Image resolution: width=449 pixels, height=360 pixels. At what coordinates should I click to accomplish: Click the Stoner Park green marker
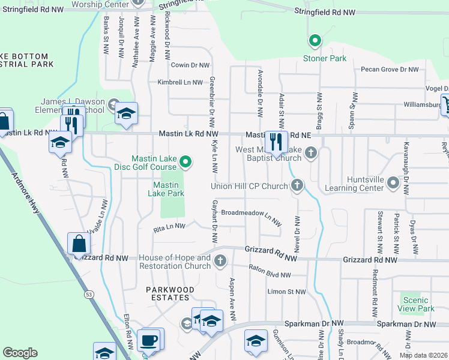click(x=313, y=41)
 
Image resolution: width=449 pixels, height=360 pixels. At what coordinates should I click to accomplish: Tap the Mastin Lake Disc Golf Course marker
click(x=186, y=161)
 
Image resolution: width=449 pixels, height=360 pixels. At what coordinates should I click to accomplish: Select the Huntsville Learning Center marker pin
click(x=393, y=182)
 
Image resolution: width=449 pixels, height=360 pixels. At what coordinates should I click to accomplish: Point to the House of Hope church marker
click(x=220, y=260)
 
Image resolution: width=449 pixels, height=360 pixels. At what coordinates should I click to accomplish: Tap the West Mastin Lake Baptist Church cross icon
click(x=310, y=152)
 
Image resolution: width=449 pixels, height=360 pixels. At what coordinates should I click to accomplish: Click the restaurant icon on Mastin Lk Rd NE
click(x=276, y=142)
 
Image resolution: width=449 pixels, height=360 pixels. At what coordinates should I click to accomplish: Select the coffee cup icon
click(x=149, y=340)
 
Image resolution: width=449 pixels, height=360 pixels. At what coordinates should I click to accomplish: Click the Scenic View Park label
click(x=416, y=304)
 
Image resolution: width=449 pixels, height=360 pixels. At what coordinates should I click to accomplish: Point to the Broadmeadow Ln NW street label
click(x=251, y=214)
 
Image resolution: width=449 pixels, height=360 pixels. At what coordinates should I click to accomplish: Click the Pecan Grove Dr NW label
click(x=390, y=70)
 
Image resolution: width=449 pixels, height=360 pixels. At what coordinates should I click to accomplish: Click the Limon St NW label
click(x=286, y=292)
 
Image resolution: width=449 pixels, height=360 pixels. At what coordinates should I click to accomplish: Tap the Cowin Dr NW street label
click(x=190, y=65)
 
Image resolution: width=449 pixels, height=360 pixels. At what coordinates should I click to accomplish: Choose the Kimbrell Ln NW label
click(x=180, y=82)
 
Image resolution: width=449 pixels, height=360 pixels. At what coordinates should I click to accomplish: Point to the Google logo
click(x=20, y=353)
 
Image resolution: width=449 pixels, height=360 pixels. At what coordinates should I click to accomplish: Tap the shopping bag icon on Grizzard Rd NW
click(x=79, y=244)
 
